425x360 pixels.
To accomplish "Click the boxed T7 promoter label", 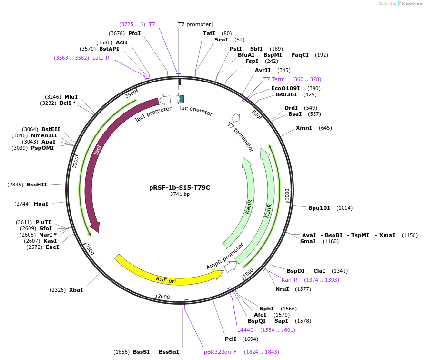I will coord(194,24).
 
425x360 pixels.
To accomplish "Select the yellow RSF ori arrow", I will coord(167,277).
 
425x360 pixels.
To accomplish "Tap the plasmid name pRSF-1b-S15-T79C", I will coord(180,187).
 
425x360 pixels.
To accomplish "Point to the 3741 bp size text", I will coord(180,194).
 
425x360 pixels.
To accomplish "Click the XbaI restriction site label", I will coord(76,290).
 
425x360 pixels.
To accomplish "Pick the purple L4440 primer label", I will coord(245,330).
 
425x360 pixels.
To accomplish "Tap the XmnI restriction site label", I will coord(304,128).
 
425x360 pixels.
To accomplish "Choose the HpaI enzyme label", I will coord(41,204).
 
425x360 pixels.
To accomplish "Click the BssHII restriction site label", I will coord(37,185).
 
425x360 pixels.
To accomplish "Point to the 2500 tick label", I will coord(89,248).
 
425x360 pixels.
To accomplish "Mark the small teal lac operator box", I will coord(182,98).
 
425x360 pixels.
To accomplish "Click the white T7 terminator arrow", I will coord(235,117).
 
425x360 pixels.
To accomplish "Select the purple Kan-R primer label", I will coord(289,280).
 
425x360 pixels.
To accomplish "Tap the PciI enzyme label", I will coord(231,339).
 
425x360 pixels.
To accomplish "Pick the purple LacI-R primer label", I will coord(101,58).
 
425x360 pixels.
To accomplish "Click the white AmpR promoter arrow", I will coord(231,267).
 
